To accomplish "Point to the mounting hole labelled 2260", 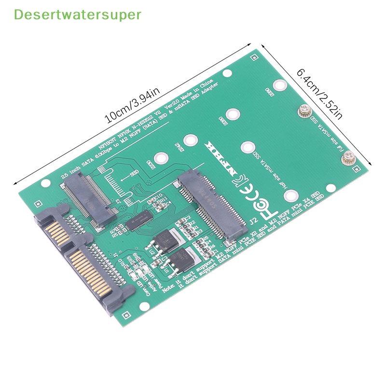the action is coord(233,114).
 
